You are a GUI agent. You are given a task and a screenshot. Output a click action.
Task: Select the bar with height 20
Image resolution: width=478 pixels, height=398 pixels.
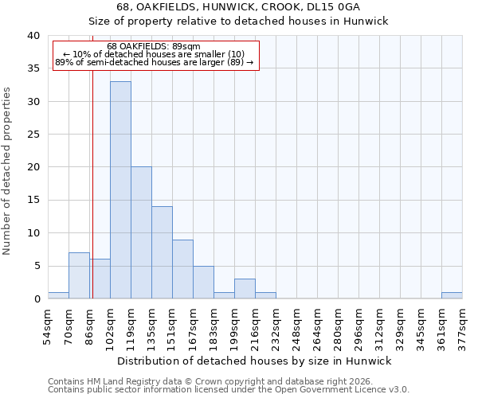(x=141, y=232)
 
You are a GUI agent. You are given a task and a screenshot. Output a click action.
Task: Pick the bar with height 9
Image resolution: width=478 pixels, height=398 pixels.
(x=182, y=269)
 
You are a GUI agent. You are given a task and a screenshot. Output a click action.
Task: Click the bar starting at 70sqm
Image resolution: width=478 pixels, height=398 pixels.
(x=79, y=275)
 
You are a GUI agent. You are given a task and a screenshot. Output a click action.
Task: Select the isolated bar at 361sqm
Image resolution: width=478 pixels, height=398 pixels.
(x=452, y=295)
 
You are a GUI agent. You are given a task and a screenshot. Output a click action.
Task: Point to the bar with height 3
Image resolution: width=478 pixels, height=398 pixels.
(x=245, y=289)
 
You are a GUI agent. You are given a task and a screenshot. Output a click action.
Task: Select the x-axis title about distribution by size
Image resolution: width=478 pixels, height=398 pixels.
(x=255, y=361)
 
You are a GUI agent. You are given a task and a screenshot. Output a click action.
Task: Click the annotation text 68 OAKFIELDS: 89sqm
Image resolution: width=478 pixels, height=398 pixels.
(x=154, y=47)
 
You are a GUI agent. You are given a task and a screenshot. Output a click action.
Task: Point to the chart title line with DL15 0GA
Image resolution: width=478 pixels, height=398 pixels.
(x=238, y=7)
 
